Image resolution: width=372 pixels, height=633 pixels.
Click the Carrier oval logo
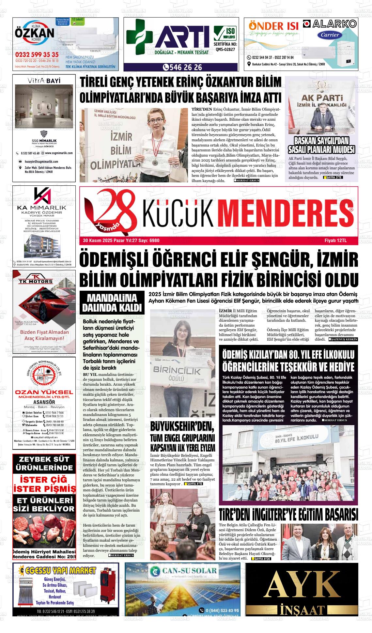(330, 35)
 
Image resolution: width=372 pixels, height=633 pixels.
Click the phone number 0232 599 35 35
(37, 54)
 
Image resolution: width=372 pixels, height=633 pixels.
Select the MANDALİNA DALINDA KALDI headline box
(112, 303)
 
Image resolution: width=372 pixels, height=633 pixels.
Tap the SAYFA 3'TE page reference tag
(333, 178)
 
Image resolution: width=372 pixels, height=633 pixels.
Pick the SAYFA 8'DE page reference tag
(261, 559)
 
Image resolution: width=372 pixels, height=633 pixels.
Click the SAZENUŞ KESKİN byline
(343, 339)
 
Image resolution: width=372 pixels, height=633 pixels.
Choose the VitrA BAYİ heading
(44, 81)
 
